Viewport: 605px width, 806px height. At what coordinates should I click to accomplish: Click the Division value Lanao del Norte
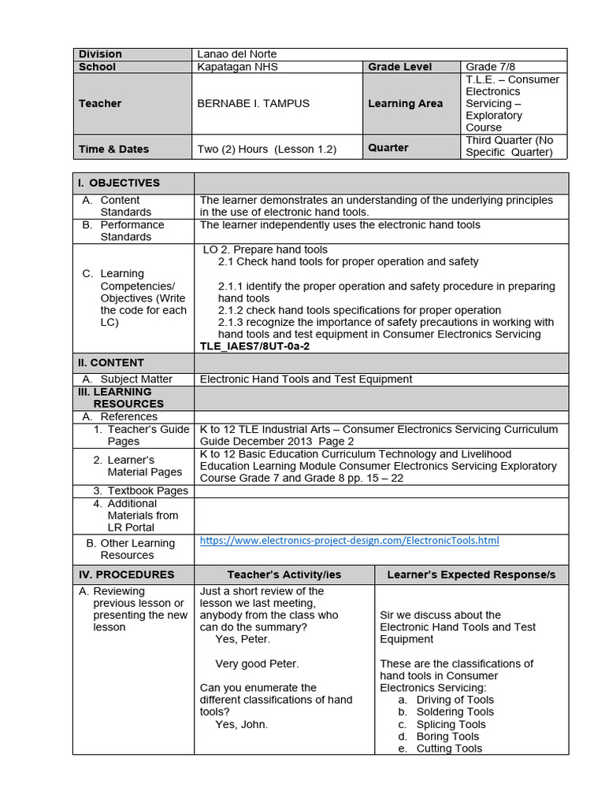[237, 54]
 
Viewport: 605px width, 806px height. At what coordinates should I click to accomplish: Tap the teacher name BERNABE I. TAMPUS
[253, 103]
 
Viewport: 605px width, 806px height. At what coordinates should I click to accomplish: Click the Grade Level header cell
[399, 67]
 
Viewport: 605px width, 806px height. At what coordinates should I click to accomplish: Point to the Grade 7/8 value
[493, 67]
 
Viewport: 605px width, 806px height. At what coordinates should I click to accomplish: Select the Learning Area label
[405, 103]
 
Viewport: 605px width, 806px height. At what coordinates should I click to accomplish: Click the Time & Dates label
[113, 149]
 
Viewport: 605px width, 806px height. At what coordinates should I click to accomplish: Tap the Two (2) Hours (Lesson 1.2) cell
[268, 149]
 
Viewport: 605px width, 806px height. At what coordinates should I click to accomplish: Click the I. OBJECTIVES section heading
[118, 183]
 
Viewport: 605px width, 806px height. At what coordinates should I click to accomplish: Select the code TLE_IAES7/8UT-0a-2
[254, 346]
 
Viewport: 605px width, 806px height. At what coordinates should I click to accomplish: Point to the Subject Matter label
[136, 379]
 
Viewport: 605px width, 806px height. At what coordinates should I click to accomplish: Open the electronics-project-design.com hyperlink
[349, 541]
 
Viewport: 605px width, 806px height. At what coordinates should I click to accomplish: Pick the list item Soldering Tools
[455, 712]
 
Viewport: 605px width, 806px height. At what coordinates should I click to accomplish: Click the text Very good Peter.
[257, 664]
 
